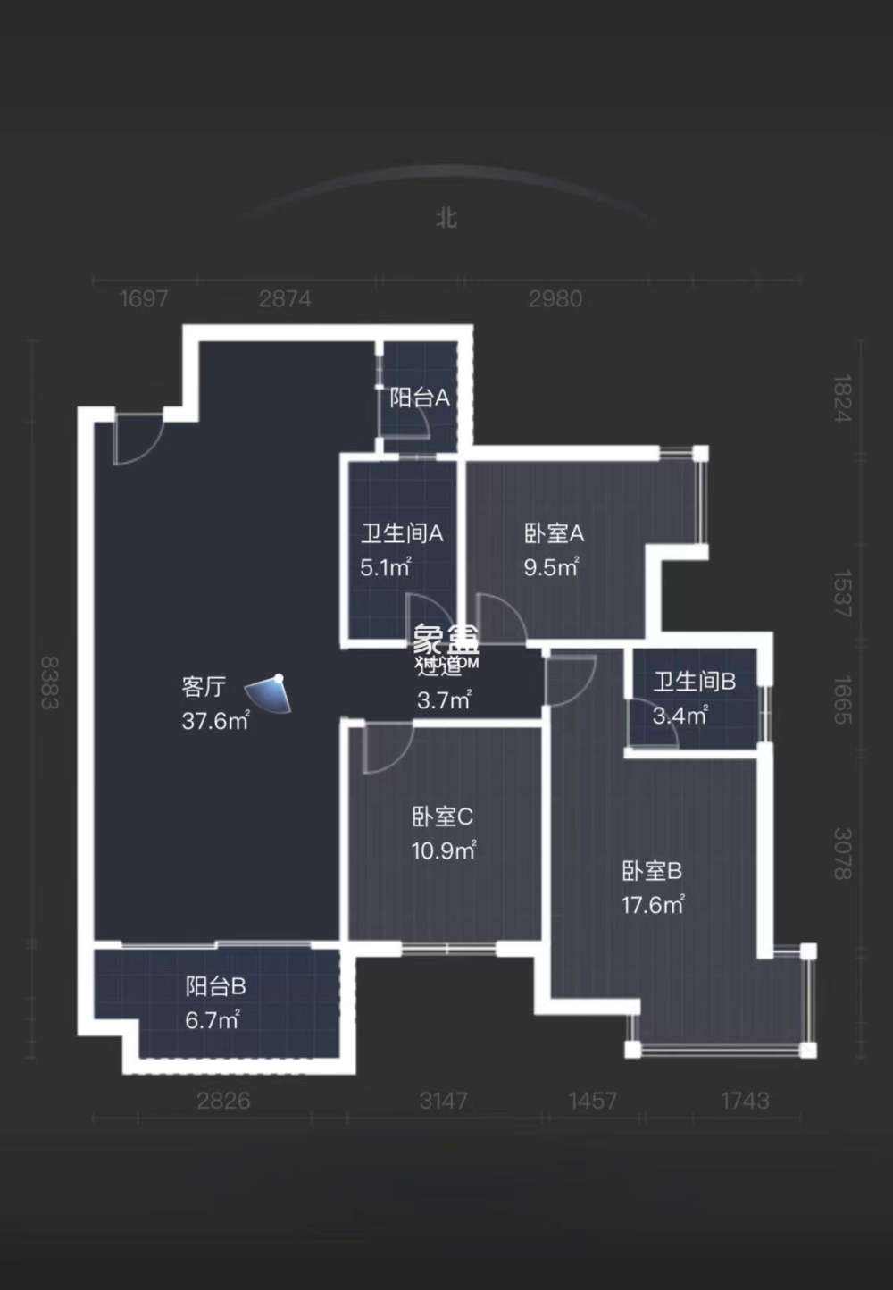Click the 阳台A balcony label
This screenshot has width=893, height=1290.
coord(419,398)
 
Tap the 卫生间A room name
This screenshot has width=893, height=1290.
coord(402,533)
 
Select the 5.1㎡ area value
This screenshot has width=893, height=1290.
coord(386,567)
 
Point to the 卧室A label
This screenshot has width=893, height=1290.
coord(554,533)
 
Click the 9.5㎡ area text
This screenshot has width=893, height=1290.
coord(551,567)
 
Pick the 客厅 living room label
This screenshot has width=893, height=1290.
coord(204,686)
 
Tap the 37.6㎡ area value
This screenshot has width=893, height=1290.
coord(215,721)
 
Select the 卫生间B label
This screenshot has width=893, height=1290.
coord(694,682)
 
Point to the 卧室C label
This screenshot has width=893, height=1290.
coord(443,816)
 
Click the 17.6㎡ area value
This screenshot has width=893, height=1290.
coord(653,905)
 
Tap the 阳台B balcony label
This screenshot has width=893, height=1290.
coord(215,986)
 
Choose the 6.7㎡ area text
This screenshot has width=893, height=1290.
coord(213,1020)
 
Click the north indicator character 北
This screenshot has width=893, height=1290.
coord(446,218)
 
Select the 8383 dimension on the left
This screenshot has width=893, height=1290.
coord(50,683)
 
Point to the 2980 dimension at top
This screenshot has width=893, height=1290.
coord(555,298)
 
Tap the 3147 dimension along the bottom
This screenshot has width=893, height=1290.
coord(444,1101)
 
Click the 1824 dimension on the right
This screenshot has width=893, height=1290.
coord(842,398)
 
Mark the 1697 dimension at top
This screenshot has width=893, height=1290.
coord(144,298)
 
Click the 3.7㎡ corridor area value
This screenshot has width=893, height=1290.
coord(444,700)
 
